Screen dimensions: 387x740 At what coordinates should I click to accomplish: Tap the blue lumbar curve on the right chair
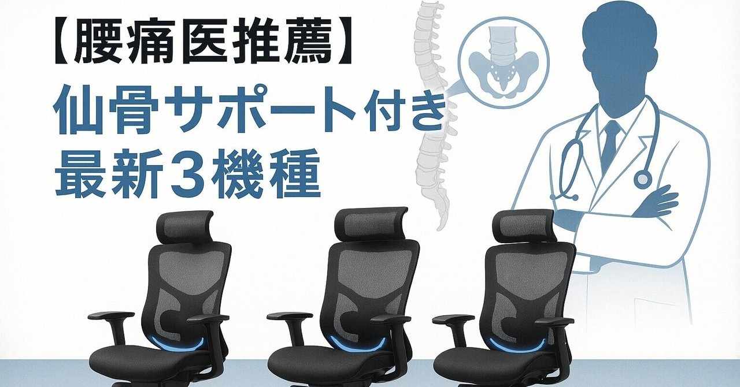point(516,345)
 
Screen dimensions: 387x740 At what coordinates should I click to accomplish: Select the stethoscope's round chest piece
point(642,180)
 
